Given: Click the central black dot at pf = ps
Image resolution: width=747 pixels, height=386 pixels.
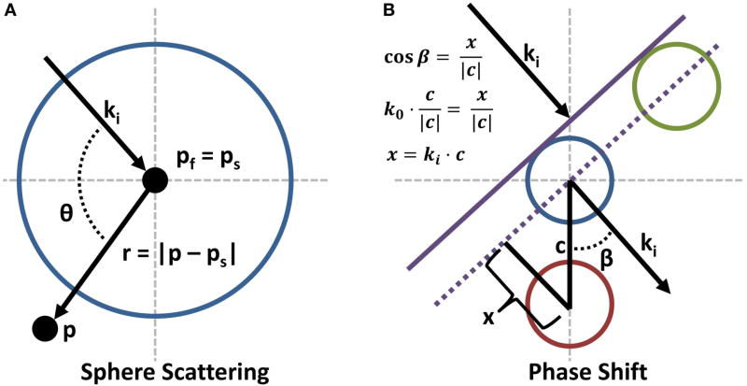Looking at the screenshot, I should click(154, 180).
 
